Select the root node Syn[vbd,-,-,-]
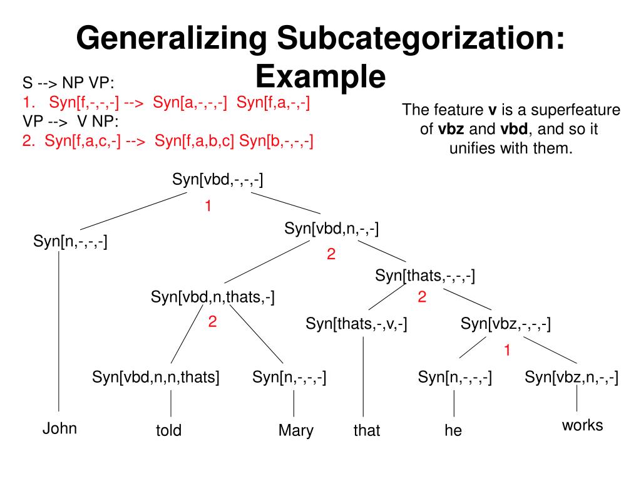(218, 180)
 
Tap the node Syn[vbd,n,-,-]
(332, 229)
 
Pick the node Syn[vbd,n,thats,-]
(213, 297)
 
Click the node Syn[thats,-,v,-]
(357, 324)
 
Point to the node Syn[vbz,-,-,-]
(506, 324)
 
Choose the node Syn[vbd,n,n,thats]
(156, 377)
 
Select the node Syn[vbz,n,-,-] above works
(572, 377)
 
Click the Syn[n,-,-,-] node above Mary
(289, 377)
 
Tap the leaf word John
(59, 428)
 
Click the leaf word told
(168, 431)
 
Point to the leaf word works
(582, 426)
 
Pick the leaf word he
(453, 431)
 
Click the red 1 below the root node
(208, 205)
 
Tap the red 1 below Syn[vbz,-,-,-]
(508, 351)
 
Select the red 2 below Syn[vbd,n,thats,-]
(212, 323)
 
